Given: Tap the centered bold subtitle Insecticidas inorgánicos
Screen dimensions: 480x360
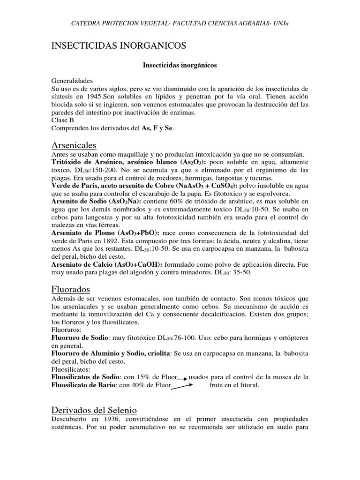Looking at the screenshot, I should pos(180,66).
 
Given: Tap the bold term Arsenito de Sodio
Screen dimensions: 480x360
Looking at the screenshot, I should pos(80,201).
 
